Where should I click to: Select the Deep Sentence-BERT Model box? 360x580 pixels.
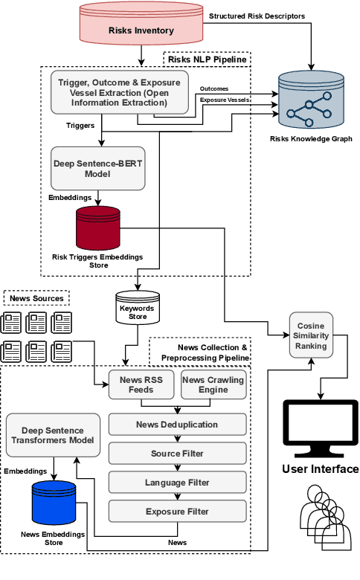coord(97,168)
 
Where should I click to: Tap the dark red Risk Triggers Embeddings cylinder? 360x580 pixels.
coord(98,228)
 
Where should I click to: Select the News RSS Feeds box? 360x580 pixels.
coord(142,384)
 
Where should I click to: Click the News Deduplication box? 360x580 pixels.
coord(177,425)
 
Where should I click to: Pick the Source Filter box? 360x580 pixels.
coord(177,454)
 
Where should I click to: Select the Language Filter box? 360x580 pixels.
coord(177,483)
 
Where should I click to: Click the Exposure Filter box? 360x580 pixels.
coord(177,512)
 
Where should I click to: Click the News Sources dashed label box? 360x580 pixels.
coord(37,298)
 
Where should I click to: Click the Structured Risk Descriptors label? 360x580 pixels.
coord(257,16)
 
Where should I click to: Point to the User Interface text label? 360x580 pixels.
coord(320,469)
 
